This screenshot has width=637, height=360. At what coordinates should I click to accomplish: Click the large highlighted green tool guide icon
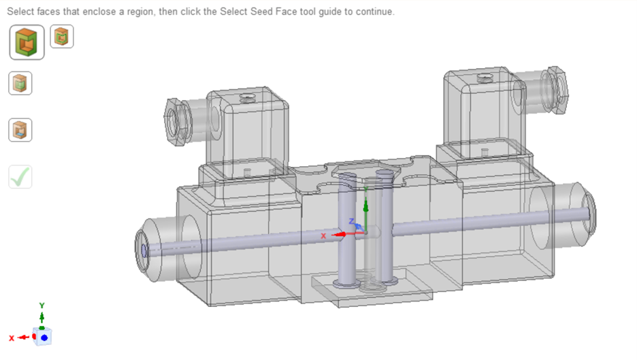27,42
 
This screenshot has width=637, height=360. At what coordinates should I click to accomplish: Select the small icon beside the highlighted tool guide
62,37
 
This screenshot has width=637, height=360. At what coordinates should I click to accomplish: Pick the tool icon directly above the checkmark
20,130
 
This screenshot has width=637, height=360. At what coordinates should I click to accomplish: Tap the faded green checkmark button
20,177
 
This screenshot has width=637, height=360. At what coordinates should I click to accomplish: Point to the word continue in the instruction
374,12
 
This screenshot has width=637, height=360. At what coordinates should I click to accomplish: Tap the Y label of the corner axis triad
42,306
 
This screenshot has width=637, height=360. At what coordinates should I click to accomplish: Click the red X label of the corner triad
12,338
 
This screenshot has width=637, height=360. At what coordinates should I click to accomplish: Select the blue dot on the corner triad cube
44,337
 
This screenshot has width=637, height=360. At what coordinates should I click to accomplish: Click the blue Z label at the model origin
351,221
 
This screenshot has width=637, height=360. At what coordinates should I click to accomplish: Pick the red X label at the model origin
324,235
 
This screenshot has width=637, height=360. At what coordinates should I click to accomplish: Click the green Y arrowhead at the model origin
365,203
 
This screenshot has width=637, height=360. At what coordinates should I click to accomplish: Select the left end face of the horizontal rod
144,250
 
